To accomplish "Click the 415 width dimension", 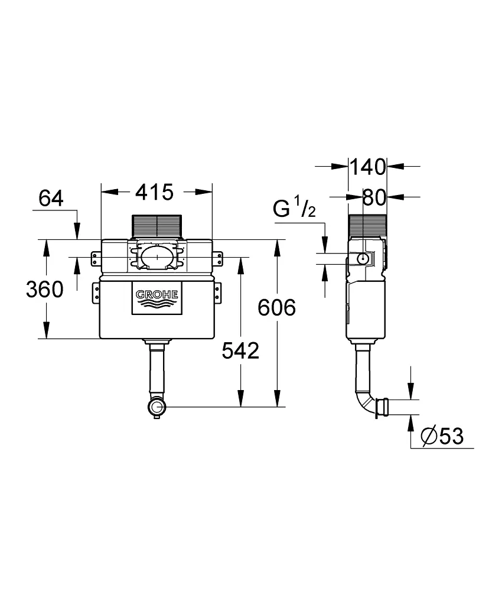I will tap(155, 192).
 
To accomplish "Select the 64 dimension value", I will tap(51, 199).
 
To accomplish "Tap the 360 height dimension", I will tap(44, 290).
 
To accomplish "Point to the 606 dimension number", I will tap(276, 307).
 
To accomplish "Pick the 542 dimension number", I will tap(240, 351).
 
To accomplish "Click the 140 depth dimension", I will tap(367, 167).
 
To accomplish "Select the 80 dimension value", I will tap(374, 197).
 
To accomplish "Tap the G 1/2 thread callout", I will tap(294, 209).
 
